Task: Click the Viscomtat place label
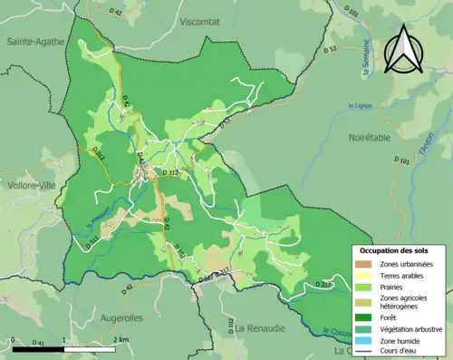[x=206, y=21]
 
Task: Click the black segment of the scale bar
[x=37, y=349]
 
